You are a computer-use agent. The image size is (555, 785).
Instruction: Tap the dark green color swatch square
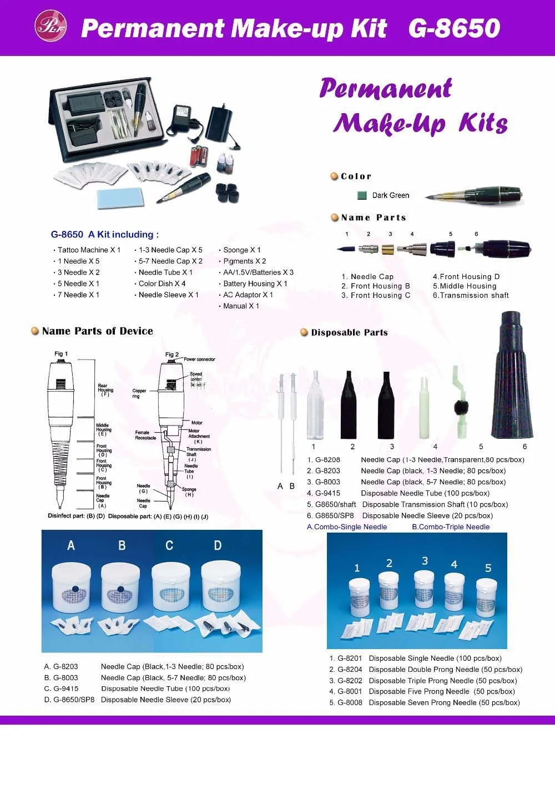(362, 195)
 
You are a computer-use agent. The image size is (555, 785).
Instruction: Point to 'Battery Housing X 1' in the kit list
(255, 283)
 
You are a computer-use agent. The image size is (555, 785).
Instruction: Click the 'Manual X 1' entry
(241, 306)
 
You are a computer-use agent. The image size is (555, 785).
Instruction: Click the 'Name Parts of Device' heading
(97, 331)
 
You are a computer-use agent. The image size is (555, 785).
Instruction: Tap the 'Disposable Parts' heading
(349, 332)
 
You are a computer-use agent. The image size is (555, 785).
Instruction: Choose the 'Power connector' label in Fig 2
(199, 359)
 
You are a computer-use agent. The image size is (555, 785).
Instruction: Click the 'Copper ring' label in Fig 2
(139, 393)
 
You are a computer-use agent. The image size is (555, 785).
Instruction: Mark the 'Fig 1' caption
(61, 353)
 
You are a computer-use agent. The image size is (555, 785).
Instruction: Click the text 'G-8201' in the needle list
(350, 659)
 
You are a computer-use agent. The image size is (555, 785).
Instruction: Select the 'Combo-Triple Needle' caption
(451, 527)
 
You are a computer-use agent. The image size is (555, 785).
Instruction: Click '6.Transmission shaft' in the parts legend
(471, 296)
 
